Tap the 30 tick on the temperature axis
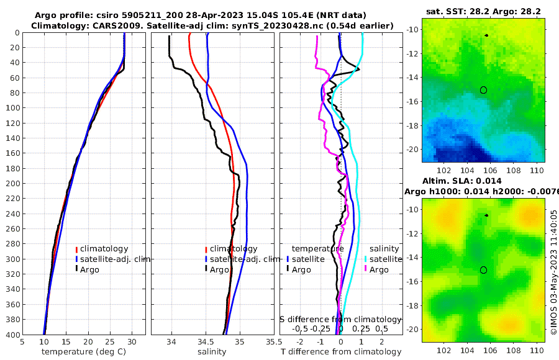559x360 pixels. click(133, 341)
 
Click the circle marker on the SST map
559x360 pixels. click(483, 90)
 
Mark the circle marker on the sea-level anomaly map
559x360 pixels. click(483, 270)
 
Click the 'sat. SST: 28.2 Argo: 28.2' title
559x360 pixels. click(483, 11)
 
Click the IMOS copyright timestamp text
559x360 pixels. click(553, 272)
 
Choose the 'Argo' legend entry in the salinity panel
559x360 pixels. click(219, 270)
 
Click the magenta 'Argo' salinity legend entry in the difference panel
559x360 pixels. click(379, 270)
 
